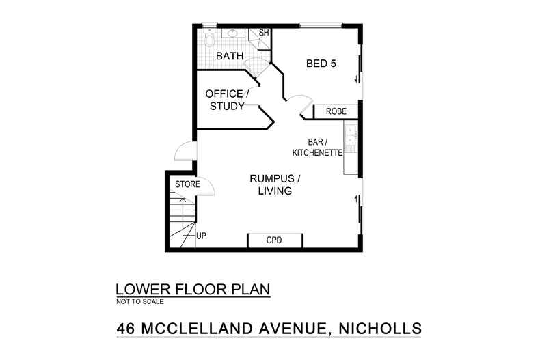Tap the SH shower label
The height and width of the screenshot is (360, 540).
[x=262, y=33]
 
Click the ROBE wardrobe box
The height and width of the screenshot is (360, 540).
[x=336, y=111]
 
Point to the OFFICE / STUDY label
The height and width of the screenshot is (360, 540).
[x=224, y=100]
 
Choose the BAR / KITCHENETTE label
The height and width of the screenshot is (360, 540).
[x=315, y=148]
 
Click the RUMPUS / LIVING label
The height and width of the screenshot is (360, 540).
[x=274, y=185]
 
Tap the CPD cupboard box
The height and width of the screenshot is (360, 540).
[x=274, y=241]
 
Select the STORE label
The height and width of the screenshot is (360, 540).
[x=187, y=184]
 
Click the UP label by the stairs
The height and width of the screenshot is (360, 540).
[x=201, y=236]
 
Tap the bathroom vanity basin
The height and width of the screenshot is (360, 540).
[x=232, y=33]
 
